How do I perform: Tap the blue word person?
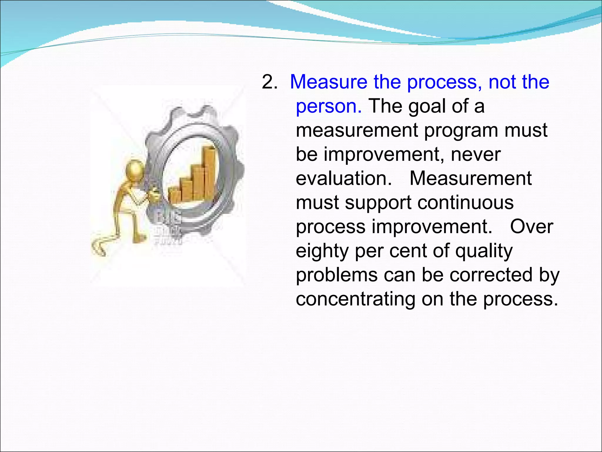pos(328,107)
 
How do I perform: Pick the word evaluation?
pos(344,179)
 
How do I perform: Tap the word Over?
pos(531,227)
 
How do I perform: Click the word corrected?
pos(491,275)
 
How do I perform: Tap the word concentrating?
pos(355,299)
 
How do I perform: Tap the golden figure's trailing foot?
pos(98,247)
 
